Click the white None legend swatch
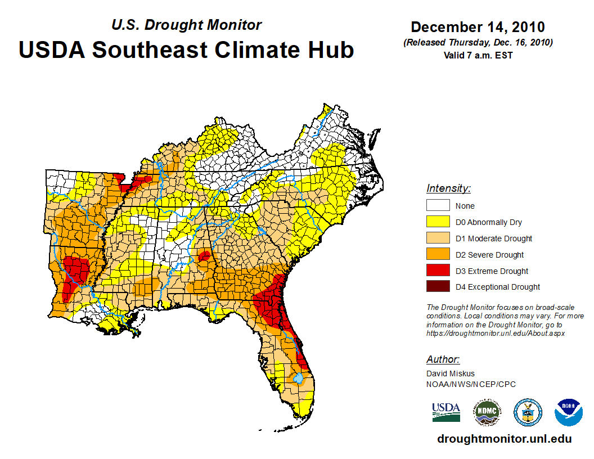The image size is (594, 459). (438, 206)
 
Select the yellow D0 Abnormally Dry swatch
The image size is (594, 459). (438, 222)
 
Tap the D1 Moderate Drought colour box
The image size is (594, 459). (438, 238)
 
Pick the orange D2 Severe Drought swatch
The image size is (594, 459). (438, 255)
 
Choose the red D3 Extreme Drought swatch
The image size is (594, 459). (438, 271)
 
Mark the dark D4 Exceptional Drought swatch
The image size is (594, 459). (438, 287)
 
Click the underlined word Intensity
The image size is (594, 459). (448, 188)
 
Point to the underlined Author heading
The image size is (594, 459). (443, 359)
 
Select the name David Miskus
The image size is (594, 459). (451, 373)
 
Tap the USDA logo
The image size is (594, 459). (446, 412)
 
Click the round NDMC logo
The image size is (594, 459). (487, 412)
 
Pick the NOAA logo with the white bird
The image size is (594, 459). (569, 412)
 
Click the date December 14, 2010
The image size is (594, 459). (478, 27)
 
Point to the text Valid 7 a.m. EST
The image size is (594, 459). (478, 55)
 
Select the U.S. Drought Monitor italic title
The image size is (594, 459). (186, 25)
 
